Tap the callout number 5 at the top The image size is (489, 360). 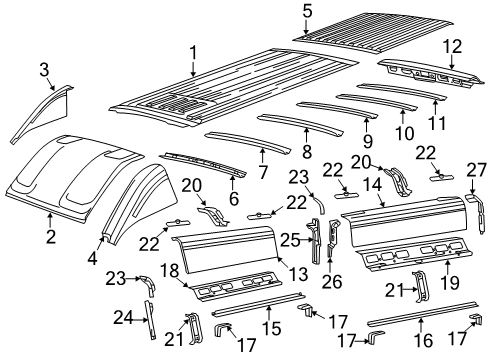tap(308, 11)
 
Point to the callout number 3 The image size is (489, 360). tap(45, 67)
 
